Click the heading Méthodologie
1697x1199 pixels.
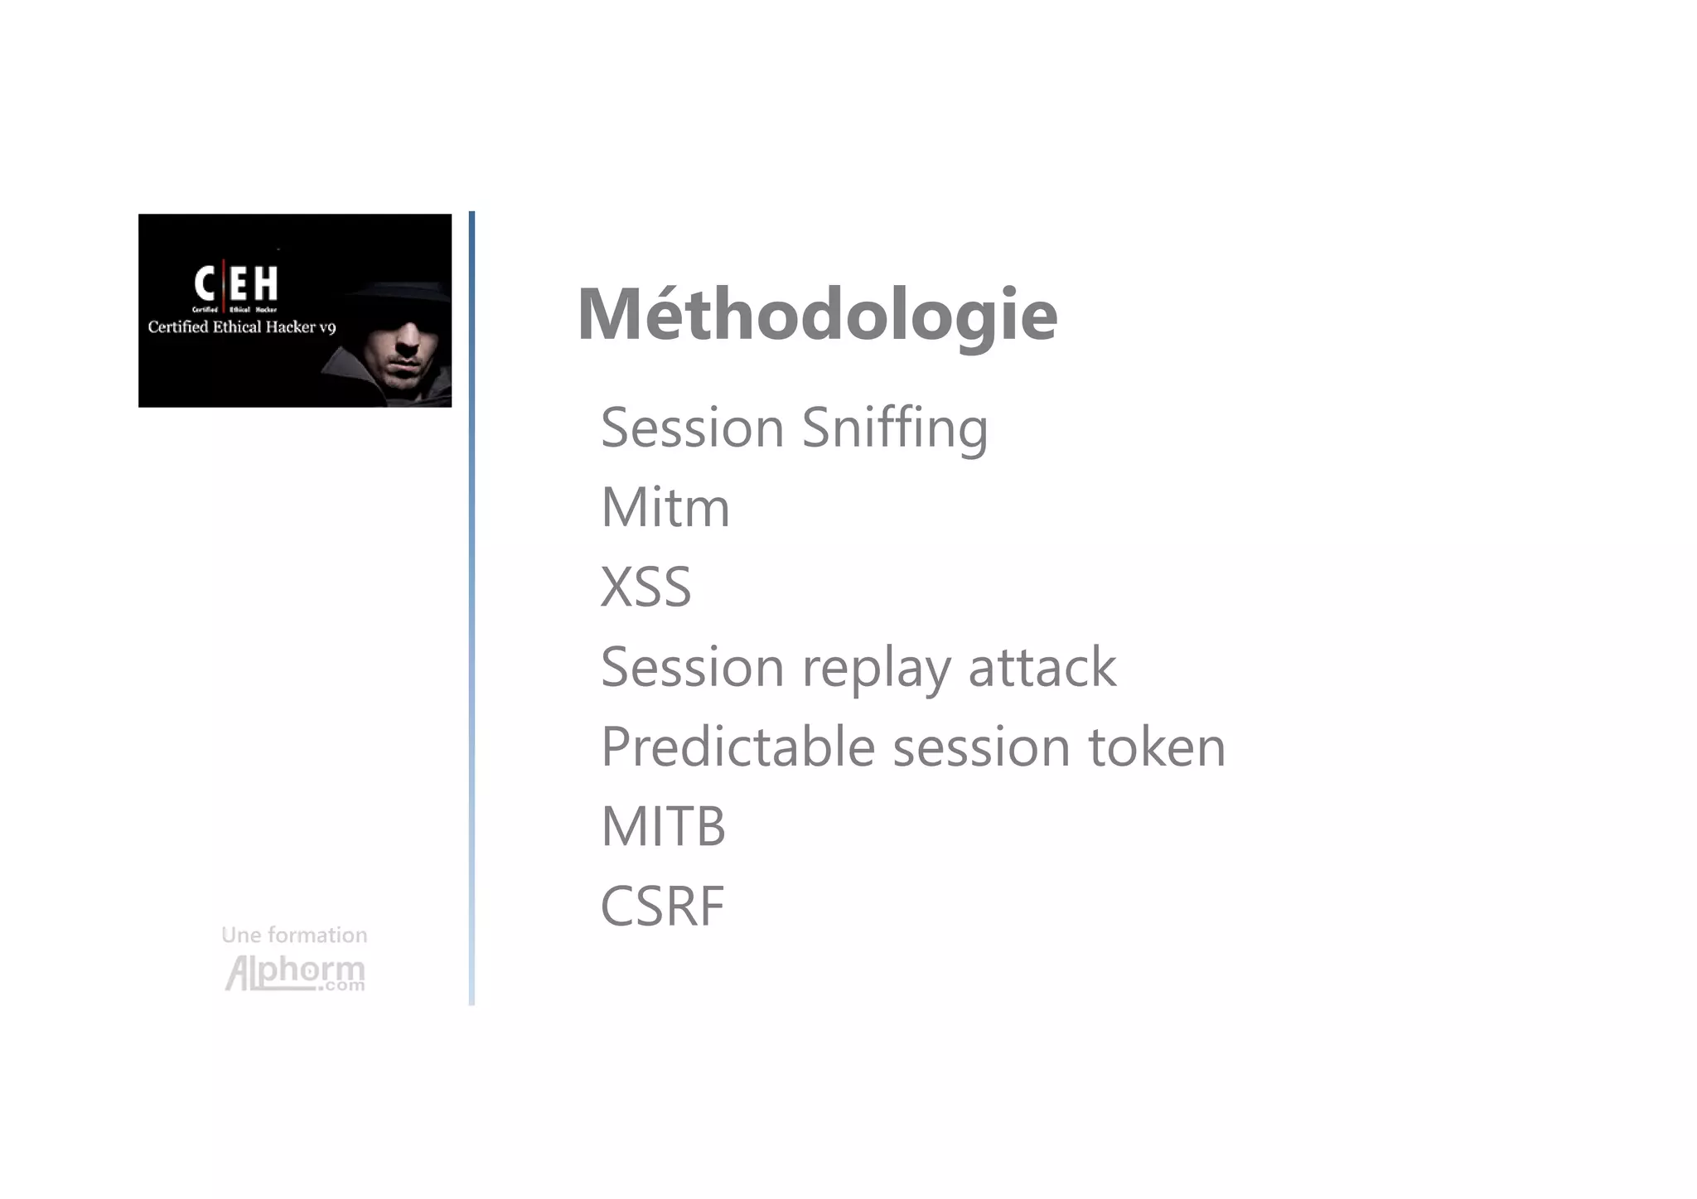coord(817,315)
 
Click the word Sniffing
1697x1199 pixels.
coord(895,428)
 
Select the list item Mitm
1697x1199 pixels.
coord(665,507)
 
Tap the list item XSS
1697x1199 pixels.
coord(645,587)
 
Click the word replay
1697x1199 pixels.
coord(876,668)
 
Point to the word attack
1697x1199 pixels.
coord(1042,667)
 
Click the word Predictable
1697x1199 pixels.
coord(737,747)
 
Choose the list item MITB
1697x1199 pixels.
coord(663,826)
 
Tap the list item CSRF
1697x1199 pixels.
coord(662,906)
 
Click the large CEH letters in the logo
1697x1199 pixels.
coord(236,283)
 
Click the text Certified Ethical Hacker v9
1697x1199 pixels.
coord(241,327)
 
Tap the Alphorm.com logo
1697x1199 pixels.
coord(295,973)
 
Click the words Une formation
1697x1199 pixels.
coord(294,935)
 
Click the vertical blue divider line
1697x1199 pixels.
coord(471,609)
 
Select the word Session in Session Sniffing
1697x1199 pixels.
coord(692,428)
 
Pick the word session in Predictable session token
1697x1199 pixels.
coord(981,747)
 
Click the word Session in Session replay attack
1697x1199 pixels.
coord(692,667)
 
